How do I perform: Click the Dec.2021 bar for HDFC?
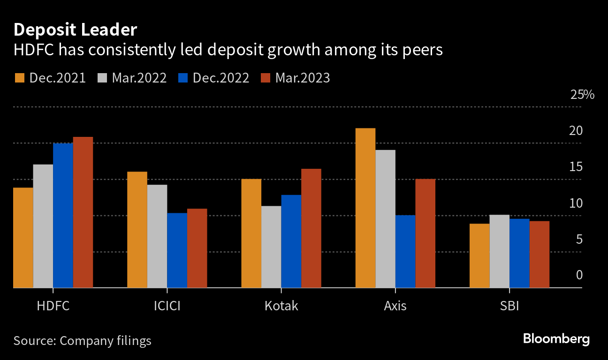pos(23,238)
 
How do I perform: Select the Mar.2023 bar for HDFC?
pos(83,212)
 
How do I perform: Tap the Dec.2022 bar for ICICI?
pos(177,250)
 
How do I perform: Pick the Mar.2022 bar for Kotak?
pos(271,247)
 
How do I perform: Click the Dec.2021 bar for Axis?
pos(365,208)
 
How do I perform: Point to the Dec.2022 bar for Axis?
pos(405,251)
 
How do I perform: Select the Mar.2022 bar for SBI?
pos(500,251)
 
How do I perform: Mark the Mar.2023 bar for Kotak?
pos(311,228)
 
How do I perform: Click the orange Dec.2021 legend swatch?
pos(20,78)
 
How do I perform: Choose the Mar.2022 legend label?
pos(139,78)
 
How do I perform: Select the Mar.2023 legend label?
pos(303,78)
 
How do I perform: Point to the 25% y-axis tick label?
pos(582,95)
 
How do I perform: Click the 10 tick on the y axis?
pos(576,203)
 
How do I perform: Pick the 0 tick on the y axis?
pos(579,275)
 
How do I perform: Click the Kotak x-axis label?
pos(281,307)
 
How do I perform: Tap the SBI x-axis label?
pos(509,307)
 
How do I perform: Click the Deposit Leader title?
pos(75,30)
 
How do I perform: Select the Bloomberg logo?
pos(556,339)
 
